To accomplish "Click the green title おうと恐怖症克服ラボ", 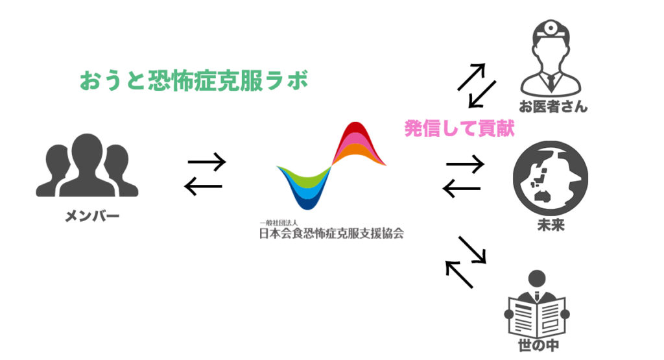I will [192, 82].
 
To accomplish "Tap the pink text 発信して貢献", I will [459, 128].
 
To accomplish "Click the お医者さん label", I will [552, 106].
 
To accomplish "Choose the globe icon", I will [550, 178].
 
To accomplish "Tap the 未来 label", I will [551, 226].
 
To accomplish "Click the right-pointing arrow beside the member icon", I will [206, 162].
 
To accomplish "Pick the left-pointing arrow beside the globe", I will [461, 189].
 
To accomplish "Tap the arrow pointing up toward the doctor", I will [471, 77].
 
